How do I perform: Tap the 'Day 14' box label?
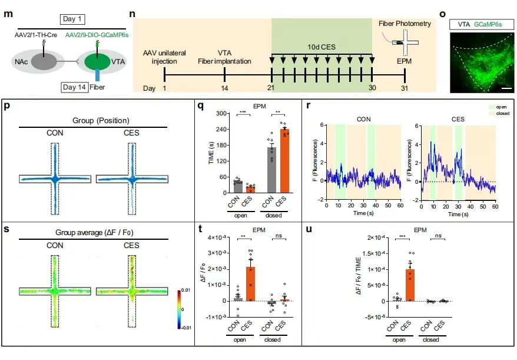pyautogui.click(x=75, y=87)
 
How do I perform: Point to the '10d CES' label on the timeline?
pyautogui.click(x=321, y=46)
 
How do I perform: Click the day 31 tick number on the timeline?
pyautogui.click(x=405, y=88)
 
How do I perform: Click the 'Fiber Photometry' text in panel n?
pyautogui.click(x=405, y=24)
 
